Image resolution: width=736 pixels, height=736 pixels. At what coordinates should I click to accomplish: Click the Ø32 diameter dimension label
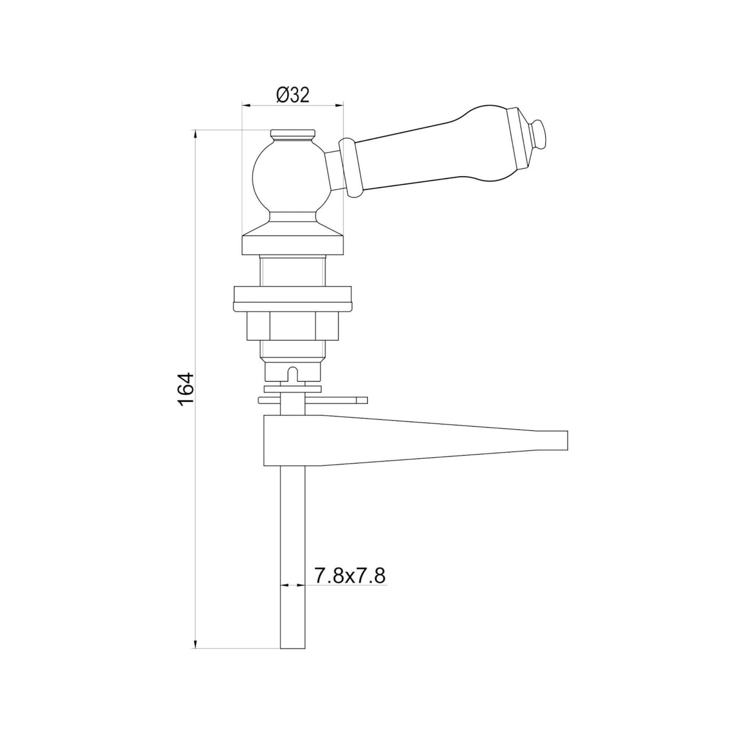pos(293,95)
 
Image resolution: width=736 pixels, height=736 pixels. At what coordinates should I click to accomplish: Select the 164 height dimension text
pos(187,389)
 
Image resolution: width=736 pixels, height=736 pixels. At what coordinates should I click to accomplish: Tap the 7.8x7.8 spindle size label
pos(349,586)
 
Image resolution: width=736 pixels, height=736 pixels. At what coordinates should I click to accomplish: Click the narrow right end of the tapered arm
pos(554,441)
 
